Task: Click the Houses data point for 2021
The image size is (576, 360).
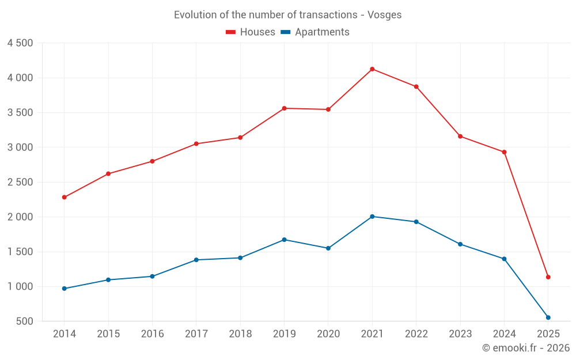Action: click(372, 69)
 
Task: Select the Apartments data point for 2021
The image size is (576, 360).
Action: click(372, 217)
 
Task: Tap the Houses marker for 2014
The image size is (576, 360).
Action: click(64, 198)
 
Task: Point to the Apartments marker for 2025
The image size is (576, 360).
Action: click(548, 317)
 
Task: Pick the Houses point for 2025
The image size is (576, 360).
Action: click(548, 277)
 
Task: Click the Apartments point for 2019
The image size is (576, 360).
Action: click(284, 240)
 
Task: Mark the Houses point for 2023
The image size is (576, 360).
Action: click(460, 137)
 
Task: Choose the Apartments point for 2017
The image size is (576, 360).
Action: click(196, 260)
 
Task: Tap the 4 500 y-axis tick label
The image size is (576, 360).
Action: click(20, 43)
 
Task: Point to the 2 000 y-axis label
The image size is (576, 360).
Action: click(20, 217)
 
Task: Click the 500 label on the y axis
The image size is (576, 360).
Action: click(24, 321)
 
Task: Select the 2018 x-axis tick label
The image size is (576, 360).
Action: click(240, 334)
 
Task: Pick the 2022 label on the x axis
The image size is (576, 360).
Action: click(416, 334)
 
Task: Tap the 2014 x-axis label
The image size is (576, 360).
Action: click(64, 334)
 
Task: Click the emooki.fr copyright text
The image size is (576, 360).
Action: click(526, 348)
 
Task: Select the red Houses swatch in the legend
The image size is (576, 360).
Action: click(231, 32)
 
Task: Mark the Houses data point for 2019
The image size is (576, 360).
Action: click(284, 108)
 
